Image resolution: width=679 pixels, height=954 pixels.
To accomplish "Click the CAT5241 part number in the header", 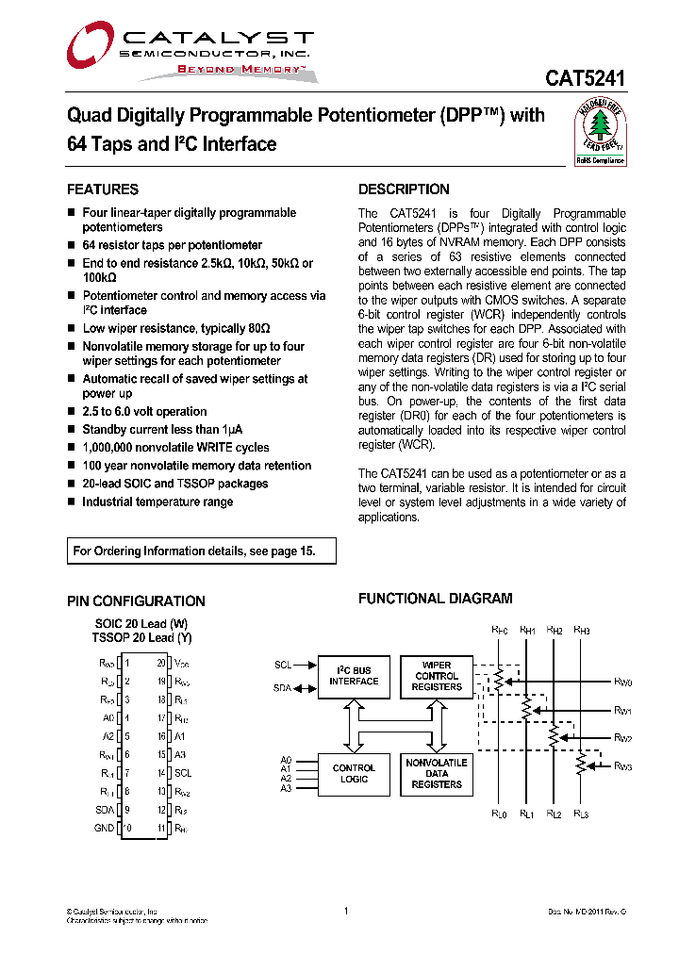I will pyautogui.click(x=585, y=80).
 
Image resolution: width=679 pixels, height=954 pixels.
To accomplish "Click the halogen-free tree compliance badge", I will pyautogui.click(x=601, y=132).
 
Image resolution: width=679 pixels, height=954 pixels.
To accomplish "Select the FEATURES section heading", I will pyautogui.click(x=103, y=189).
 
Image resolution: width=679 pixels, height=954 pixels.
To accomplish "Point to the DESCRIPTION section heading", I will pyautogui.click(x=404, y=189).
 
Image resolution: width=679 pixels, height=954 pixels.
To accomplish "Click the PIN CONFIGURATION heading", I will pyautogui.click(x=136, y=601).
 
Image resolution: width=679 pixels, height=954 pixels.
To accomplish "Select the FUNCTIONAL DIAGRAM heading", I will pyautogui.click(x=436, y=599).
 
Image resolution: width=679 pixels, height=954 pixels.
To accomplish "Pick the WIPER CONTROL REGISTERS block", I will pyautogui.click(x=437, y=676).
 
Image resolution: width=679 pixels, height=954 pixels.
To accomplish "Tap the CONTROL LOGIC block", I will pyautogui.click(x=354, y=774).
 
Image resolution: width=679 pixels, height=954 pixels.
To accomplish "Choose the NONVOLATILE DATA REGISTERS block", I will pyautogui.click(x=437, y=774).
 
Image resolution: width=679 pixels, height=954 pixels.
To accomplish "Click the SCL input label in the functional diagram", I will pyautogui.click(x=283, y=665).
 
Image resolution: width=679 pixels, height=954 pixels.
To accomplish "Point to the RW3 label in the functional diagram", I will pyautogui.click(x=622, y=766).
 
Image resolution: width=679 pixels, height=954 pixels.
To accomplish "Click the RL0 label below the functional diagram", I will pyautogui.click(x=499, y=814).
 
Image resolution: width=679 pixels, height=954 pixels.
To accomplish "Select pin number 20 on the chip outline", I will pyautogui.click(x=161, y=664).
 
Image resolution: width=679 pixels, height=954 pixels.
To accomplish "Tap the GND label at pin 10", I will pyautogui.click(x=104, y=828).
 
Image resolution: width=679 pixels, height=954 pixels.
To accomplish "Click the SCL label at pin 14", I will pyautogui.click(x=183, y=773).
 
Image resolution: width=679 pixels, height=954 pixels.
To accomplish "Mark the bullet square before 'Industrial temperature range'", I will pyautogui.click(x=71, y=502).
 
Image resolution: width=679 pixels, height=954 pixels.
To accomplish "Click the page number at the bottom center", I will pyautogui.click(x=346, y=911).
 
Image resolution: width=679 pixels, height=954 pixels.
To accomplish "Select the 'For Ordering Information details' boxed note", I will pyautogui.click(x=202, y=551).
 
